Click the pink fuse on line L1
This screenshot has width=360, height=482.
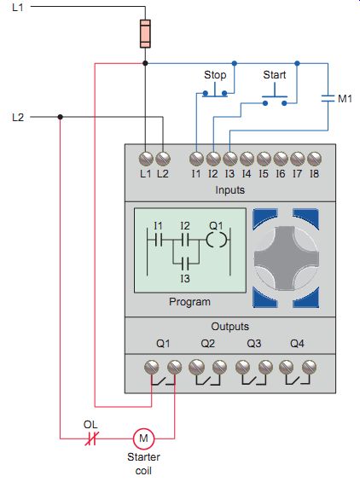pyautogui.click(x=145, y=34)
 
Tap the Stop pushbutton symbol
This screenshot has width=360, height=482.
pyautogui.click(x=215, y=90)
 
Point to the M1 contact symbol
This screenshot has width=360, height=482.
pyautogui.click(x=328, y=98)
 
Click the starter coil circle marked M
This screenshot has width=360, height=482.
pyautogui.click(x=143, y=438)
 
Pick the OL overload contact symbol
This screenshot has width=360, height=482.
pyautogui.click(x=91, y=438)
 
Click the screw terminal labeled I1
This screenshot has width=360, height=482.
pyautogui.click(x=196, y=159)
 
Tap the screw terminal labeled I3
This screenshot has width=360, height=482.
pyautogui.click(x=230, y=159)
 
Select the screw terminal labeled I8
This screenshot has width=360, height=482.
pyautogui.click(x=314, y=159)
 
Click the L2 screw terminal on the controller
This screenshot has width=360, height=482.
pyautogui.click(x=163, y=159)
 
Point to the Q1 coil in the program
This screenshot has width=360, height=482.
pyautogui.click(x=218, y=240)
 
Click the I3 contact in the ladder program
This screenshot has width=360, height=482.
pyautogui.click(x=185, y=264)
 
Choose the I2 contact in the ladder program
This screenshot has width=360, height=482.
pyautogui.click(x=185, y=240)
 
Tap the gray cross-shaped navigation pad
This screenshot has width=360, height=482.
pyautogui.click(x=286, y=258)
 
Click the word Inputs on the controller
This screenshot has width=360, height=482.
pyautogui.click(x=230, y=189)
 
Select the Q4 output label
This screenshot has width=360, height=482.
pyautogui.click(x=297, y=343)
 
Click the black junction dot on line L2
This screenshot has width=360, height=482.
pyautogui.click(x=61, y=117)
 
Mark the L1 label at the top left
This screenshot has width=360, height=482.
pyautogui.click(x=18, y=7)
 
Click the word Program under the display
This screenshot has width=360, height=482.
pyautogui.click(x=189, y=302)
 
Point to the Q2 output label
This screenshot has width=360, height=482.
pyautogui.click(x=208, y=343)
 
